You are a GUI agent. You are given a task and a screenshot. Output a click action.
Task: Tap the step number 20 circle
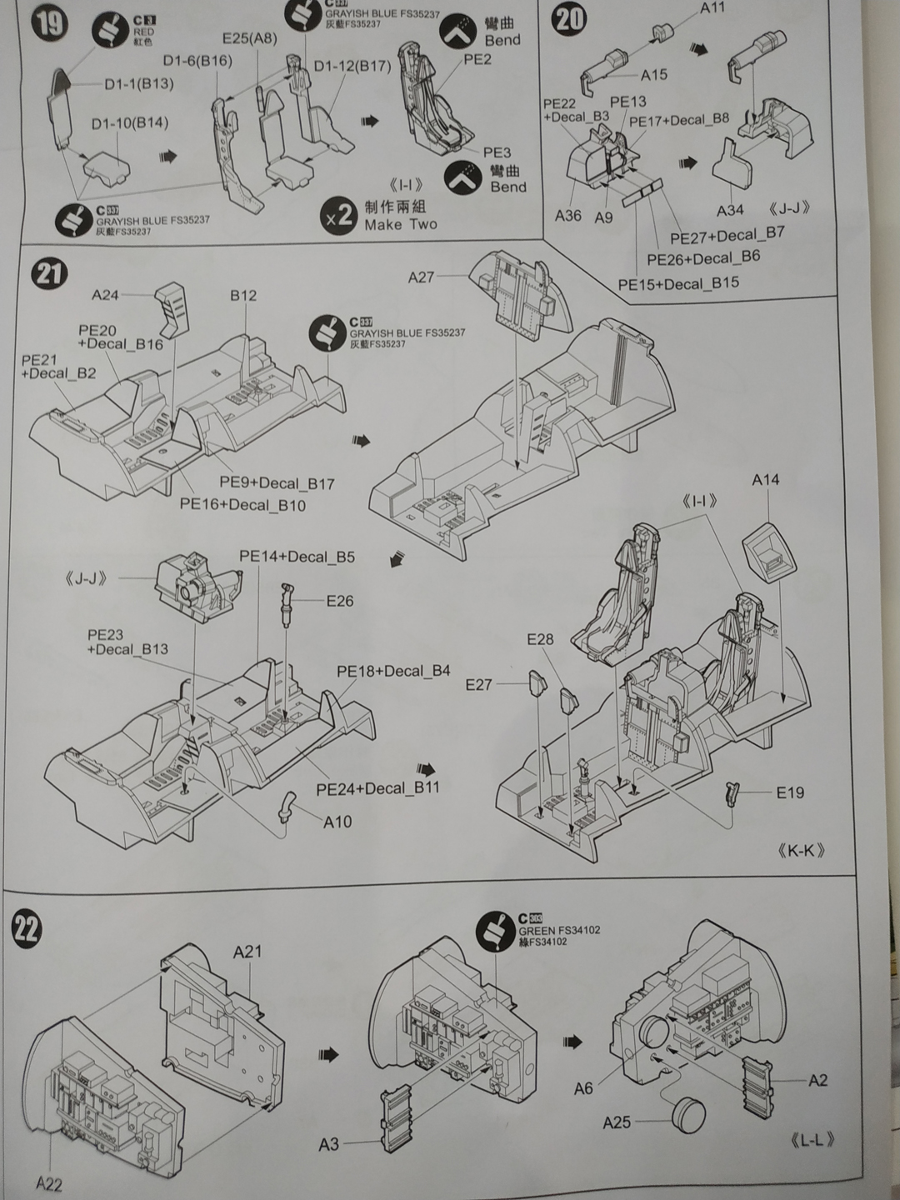569,18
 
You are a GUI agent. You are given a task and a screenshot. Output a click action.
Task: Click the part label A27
421,277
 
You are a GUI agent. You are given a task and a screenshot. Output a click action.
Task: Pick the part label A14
765,480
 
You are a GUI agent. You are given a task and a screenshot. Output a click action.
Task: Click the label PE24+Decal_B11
377,788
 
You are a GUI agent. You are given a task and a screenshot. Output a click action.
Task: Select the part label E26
340,601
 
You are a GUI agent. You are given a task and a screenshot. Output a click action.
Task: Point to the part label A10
337,822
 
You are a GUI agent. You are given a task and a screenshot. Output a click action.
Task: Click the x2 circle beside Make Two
338,217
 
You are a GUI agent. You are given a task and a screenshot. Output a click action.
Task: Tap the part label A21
247,952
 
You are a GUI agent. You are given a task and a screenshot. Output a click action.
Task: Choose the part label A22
48,1183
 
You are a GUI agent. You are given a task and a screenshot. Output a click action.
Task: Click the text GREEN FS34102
559,931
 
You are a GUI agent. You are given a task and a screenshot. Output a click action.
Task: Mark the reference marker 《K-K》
801,851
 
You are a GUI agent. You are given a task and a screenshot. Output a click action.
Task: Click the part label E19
790,792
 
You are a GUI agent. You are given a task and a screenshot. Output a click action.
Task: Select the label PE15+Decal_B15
678,284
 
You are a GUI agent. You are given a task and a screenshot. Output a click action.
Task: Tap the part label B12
243,296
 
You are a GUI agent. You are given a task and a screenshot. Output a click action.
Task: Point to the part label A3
329,1144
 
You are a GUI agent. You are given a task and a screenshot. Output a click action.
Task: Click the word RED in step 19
143,32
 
